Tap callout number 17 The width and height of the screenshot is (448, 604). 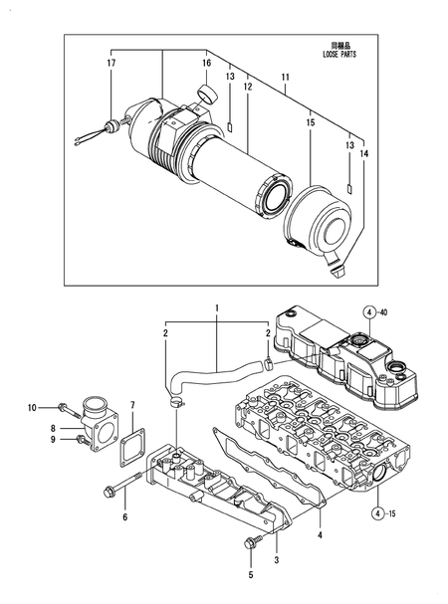coord(112,64)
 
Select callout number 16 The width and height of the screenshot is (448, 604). coord(206,63)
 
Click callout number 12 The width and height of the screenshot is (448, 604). coord(248,87)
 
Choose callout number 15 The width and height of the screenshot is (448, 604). coord(310,122)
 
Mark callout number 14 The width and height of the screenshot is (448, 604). coord(362,154)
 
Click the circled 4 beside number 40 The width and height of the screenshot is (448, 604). coord(368,313)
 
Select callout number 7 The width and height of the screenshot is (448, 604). coord(133,406)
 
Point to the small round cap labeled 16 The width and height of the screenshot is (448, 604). coord(208,96)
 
